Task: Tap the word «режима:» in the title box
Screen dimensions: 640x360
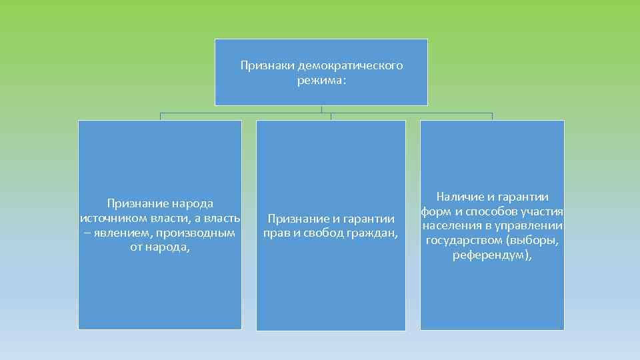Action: tap(321, 81)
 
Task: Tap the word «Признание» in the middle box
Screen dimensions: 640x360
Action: tap(295, 219)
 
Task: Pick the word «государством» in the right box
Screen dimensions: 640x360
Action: tap(463, 240)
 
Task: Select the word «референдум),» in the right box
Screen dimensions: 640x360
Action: tap(492, 255)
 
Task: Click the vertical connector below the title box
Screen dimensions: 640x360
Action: tap(321, 109)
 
